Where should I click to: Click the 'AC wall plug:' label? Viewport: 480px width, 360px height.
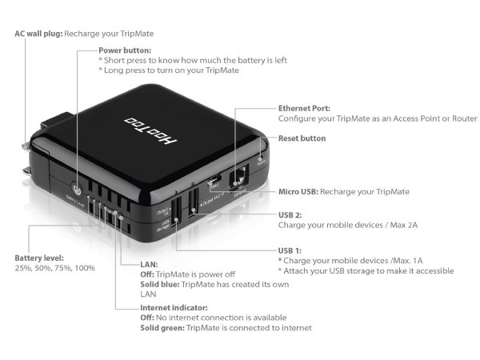[x=38, y=34]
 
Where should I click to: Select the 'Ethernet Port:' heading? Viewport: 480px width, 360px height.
[x=305, y=108]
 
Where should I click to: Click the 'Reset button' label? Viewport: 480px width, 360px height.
[x=302, y=138]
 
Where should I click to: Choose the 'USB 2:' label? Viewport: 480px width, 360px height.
[x=290, y=214]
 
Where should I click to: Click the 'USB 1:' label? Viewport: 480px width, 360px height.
[x=290, y=250]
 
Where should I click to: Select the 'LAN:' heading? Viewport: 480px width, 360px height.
[x=126, y=264]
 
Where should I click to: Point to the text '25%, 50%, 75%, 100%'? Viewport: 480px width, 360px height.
[x=54, y=269]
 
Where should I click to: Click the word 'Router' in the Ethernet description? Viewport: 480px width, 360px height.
[x=461, y=118]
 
